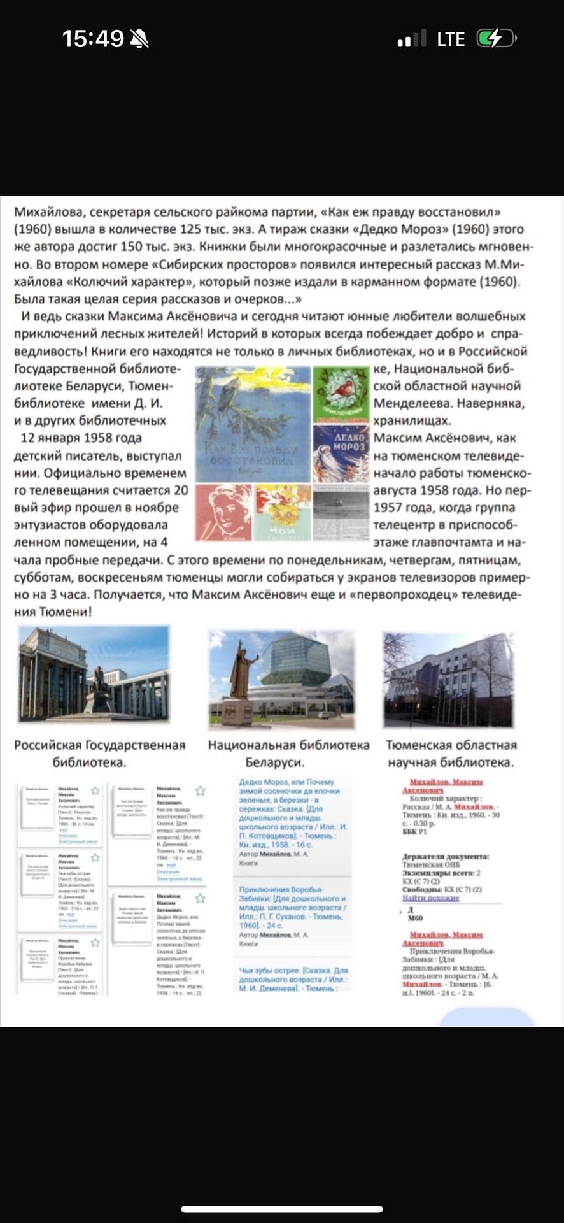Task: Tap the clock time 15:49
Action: click(x=93, y=39)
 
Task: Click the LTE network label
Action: click(x=451, y=39)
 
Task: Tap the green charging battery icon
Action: click(x=495, y=39)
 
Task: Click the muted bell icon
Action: click(x=139, y=39)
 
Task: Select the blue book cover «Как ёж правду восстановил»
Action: click(x=253, y=424)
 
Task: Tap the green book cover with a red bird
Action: click(x=341, y=395)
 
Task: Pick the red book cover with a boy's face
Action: click(x=223, y=513)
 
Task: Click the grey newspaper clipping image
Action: click(x=341, y=513)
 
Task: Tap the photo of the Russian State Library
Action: click(x=94, y=674)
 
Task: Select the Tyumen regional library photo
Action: click(x=448, y=679)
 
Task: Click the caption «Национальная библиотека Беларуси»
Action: click(x=288, y=754)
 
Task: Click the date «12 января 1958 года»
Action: click(x=81, y=438)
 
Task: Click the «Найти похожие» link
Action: click(x=430, y=898)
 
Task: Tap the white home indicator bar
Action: click(x=282, y=1208)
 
